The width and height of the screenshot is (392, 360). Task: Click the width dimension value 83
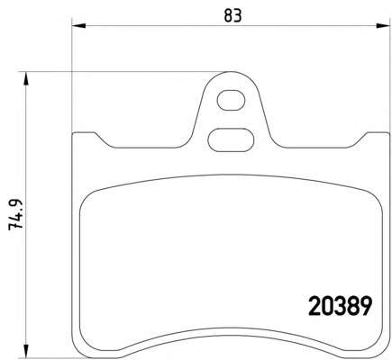coord(232,15)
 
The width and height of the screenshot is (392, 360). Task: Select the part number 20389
coord(341,306)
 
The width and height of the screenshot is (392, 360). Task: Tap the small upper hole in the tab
coord(231,101)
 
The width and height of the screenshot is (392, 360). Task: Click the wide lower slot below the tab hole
coord(231,140)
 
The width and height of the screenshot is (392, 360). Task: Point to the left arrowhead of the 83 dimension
coord(78,26)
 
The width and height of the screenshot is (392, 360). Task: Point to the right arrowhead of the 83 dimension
coord(383,26)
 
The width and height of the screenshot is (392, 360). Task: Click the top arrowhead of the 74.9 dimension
coord(26,79)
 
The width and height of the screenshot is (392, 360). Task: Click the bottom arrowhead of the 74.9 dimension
coord(26,351)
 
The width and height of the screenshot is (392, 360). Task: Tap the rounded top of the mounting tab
coord(231,72)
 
